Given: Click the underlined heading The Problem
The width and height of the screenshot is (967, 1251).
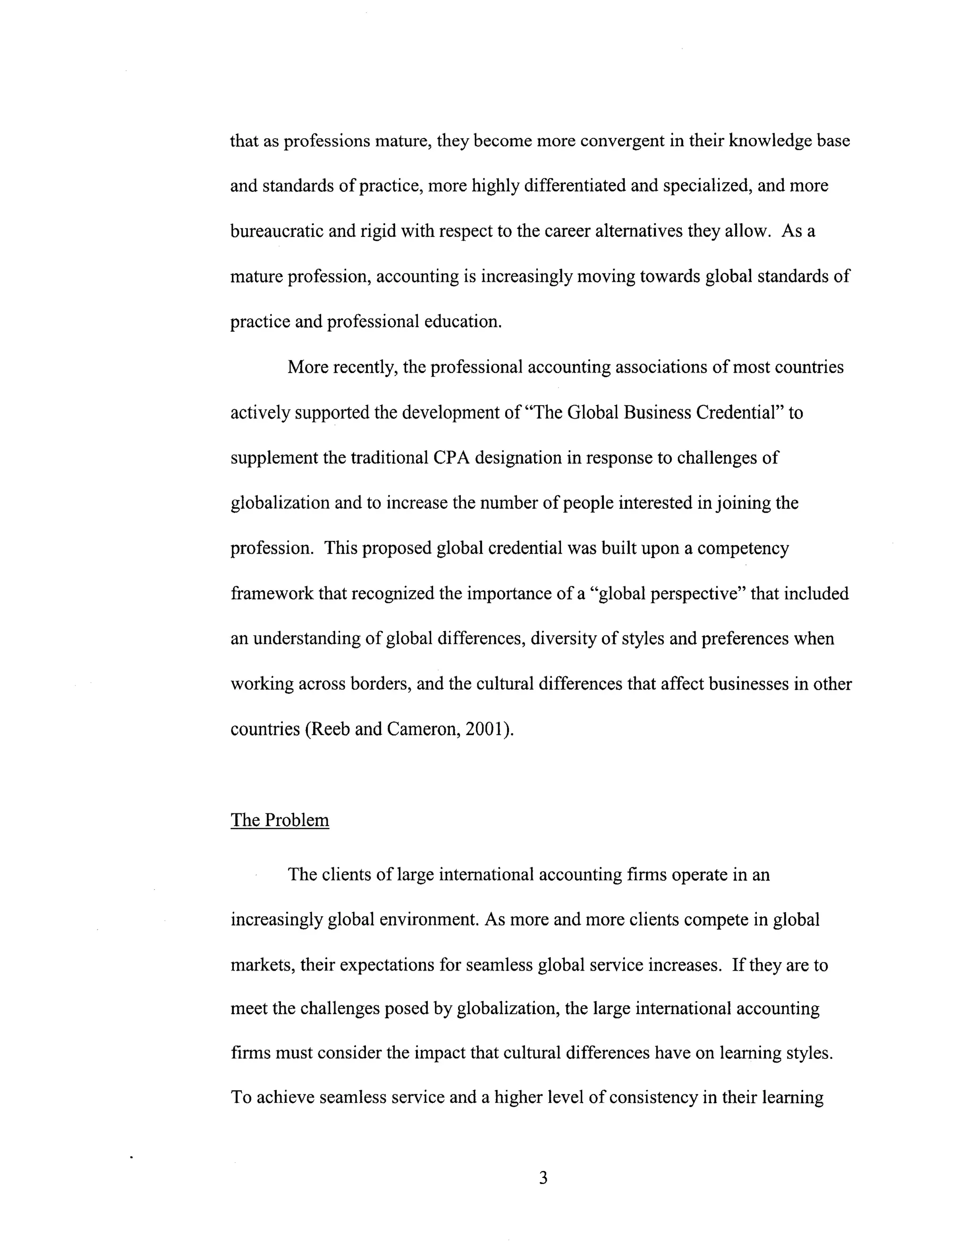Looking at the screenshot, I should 280,820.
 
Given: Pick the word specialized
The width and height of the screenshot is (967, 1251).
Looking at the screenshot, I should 707,186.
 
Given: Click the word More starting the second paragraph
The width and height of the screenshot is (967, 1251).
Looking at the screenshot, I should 308,367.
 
